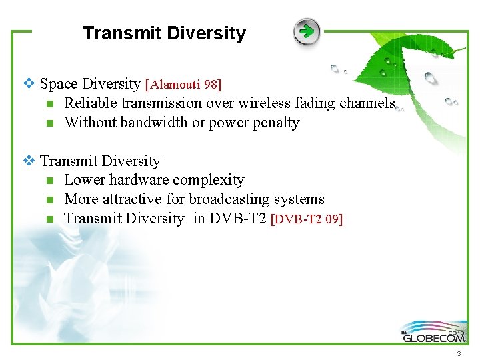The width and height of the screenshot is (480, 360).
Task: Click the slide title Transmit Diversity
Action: coord(164,33)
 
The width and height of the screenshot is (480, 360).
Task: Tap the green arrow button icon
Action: coord(307,31)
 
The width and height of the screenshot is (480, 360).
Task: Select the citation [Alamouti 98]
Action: coord(183,85)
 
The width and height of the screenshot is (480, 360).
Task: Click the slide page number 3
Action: coord(459,354)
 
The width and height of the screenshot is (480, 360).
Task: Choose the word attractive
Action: coord(129,199)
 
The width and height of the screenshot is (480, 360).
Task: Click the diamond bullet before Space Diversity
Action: coord(28,84)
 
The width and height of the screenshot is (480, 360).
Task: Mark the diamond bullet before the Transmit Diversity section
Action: coord(28,161)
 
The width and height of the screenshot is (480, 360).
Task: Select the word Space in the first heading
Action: coord(58,84)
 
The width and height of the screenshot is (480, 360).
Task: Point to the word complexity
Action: coord(212,180)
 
